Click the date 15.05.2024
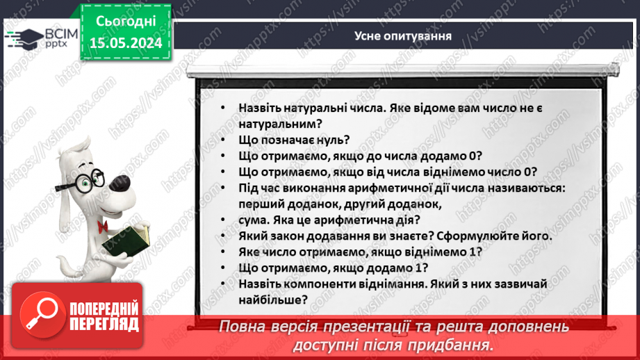(125, 43)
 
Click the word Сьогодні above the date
(125, 22)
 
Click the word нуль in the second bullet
(321, 140)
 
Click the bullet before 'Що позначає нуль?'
(221, 140)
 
